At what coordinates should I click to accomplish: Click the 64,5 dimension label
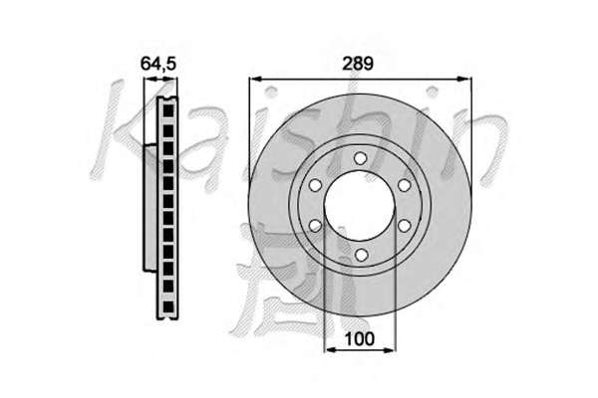tap(157, 64)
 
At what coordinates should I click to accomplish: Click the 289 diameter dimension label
tap(358, 64)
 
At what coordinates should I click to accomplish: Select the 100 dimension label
tap(360, 338)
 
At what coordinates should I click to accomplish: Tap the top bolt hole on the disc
tap(360, 158)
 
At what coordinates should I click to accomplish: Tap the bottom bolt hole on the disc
tap(360, 255)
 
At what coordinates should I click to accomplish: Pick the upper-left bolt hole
tap(315, 185)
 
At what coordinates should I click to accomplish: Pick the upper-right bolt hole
tap(405, 185)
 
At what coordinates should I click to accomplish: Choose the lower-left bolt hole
tap(315, 226)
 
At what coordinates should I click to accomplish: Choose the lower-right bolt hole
tap(405, 226)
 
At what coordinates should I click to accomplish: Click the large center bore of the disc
tap(360, 206)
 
